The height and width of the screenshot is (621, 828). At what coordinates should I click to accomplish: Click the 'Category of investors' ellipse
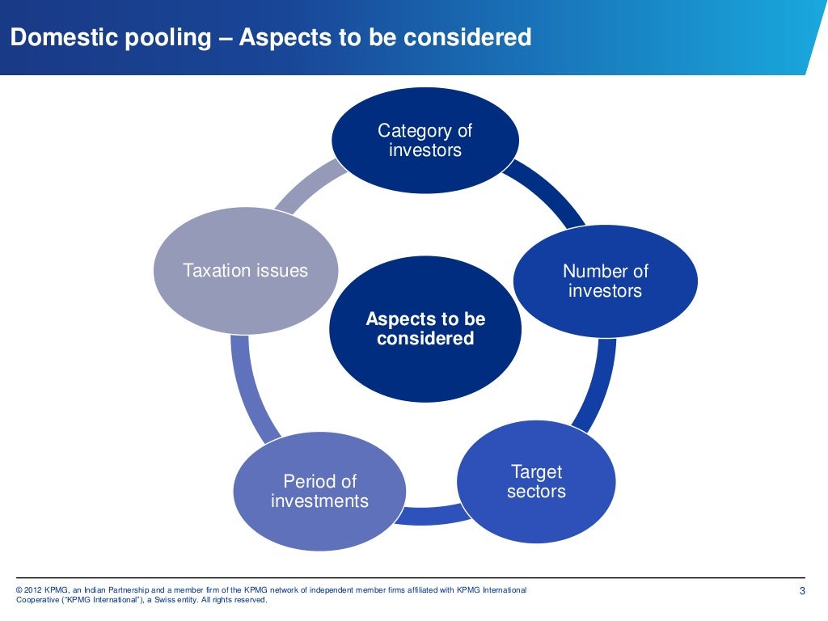[x=425, y=140]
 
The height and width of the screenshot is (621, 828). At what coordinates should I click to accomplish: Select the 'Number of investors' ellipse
[x=605, y=281]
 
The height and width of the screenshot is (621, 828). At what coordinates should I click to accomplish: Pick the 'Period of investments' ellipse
[x=319, y=491]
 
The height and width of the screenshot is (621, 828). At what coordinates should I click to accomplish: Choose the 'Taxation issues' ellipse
[x=245, y=270]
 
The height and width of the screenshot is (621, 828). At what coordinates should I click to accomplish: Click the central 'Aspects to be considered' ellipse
[x=425, y=328]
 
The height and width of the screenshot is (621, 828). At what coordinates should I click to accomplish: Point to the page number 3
[x=802, y=591]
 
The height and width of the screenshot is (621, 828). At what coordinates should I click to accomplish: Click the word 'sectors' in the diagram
[x=535, y=492]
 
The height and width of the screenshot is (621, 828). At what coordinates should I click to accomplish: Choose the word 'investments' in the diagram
[x=319, y=501]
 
